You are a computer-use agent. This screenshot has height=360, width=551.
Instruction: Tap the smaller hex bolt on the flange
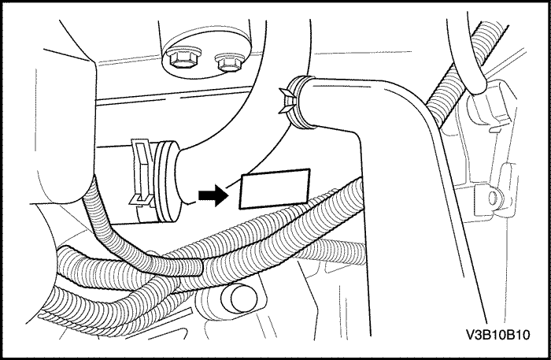[230, 62]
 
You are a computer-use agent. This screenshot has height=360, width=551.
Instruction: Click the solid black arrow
[213, 195]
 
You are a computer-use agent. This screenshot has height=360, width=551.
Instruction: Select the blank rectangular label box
[275, 189]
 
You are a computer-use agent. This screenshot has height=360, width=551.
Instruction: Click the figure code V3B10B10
[497, 335]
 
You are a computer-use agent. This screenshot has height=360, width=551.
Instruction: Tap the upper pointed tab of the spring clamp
[286, 93]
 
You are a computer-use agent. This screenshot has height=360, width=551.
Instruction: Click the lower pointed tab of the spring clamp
[286, 109]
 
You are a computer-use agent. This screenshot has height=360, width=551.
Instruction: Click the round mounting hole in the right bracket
[494, 198]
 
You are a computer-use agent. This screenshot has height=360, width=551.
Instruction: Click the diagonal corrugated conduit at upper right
[460, 72]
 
